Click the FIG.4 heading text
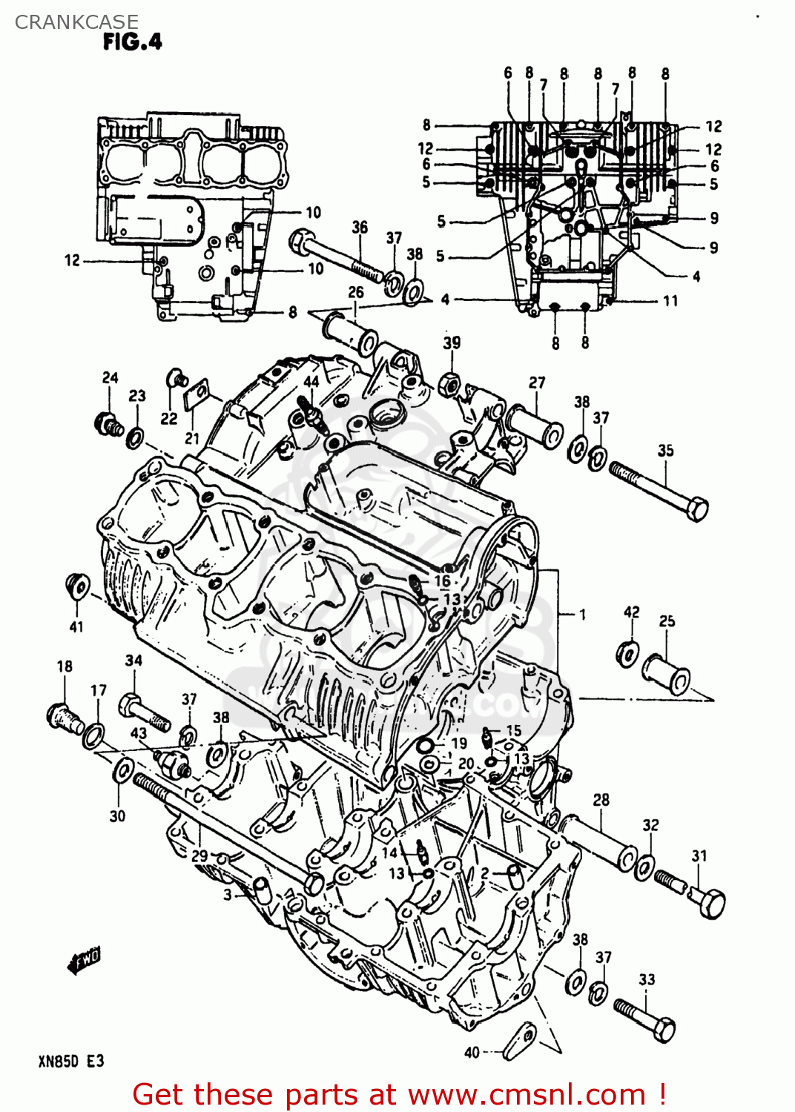point(132,42)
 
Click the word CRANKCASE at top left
point(76,22)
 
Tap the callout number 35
point(665,450)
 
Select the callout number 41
point(76,627)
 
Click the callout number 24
point(110,377)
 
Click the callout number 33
point(647,979)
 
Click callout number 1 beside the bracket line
point(582,615)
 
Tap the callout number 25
point(667,621)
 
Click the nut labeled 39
point(449,385)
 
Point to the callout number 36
point(360,227)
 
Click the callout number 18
point(65,666)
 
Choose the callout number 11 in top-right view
point(670,300)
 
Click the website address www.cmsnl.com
point(527,1094)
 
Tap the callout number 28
point(601,800)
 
